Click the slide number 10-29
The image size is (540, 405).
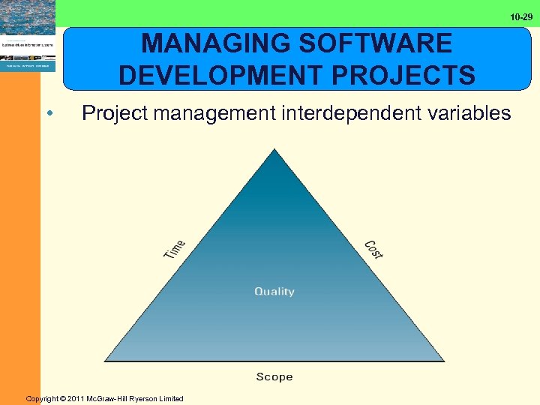click(521, 16)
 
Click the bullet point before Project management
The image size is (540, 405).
click(49, 114)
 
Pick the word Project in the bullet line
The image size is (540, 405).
click(115, 114)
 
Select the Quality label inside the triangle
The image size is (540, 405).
click(274, 291)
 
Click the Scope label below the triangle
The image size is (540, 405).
click(274, 376)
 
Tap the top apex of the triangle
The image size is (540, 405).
click(275, 151)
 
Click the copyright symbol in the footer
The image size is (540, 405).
click(64, 399)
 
